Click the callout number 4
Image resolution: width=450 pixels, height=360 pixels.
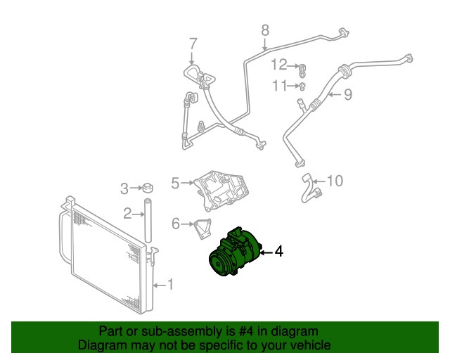279,251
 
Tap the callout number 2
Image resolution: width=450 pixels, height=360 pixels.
128,213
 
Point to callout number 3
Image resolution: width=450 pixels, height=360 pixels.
124,188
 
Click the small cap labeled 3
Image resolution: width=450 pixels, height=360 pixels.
148,188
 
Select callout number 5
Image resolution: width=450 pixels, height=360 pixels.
176,184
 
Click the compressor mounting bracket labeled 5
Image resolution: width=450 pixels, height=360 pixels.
221,188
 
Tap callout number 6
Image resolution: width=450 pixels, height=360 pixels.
176,224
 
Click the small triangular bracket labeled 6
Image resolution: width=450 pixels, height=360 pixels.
200,230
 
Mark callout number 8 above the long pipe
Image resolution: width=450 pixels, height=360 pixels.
265,30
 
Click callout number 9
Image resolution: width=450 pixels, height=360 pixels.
347,95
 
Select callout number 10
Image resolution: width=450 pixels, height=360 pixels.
335,181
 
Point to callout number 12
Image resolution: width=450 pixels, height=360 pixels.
280,65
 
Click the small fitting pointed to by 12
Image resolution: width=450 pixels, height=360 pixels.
302,68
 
